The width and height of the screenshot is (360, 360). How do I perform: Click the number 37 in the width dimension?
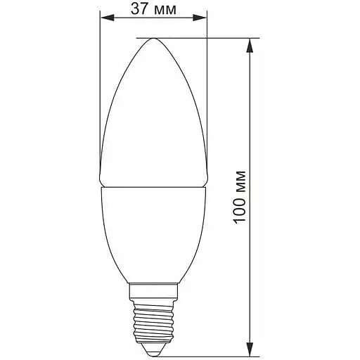pos(139,9)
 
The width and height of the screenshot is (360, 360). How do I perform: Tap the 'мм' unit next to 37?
pos(165,11)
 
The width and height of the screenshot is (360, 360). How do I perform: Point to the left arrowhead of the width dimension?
pos(107,18)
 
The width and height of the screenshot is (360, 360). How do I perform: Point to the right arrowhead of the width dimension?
pos(200,18)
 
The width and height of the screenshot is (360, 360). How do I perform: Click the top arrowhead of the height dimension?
pos(250,45)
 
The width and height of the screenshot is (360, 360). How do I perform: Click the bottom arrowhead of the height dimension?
pos(250,349)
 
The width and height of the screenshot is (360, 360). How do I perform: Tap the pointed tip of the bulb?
pos(154,39)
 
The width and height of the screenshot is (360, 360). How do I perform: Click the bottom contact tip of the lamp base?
pos(153,354)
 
